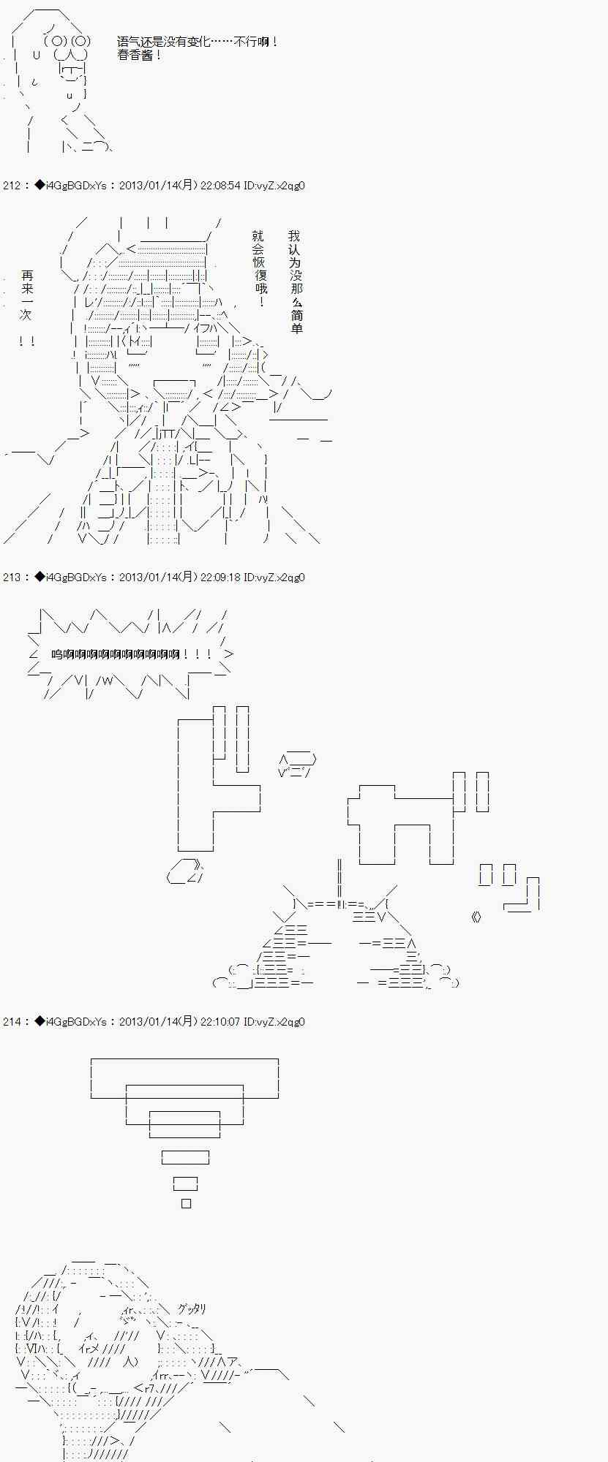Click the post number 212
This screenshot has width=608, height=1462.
pos(12,186)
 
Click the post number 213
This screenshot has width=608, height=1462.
pos(12,577)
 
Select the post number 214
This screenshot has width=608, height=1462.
pos(12,1022)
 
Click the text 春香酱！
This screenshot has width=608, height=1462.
pos(140,56)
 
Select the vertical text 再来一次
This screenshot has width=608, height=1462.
pos(27,295)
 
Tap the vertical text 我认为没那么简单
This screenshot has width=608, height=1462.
pos(295,282)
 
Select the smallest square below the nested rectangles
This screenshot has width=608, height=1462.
pos(186,1203)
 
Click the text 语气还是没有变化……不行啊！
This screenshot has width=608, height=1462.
pos(198,42)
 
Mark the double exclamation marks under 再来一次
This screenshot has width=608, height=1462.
pos(27,341)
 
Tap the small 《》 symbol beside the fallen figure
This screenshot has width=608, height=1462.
pos(477,917)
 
